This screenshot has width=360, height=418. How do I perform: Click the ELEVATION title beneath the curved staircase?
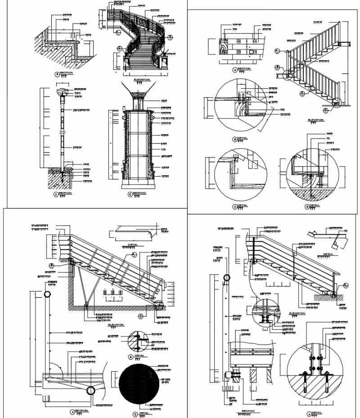point(142,79)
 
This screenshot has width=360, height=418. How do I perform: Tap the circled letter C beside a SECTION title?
point(130,194)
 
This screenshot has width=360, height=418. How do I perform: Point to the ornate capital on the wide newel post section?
point(136,96)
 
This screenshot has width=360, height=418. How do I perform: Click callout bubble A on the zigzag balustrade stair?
point(277,50)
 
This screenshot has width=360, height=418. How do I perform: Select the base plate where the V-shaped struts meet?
point(86,306)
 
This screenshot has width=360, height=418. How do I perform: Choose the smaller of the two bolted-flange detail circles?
point(264,311)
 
